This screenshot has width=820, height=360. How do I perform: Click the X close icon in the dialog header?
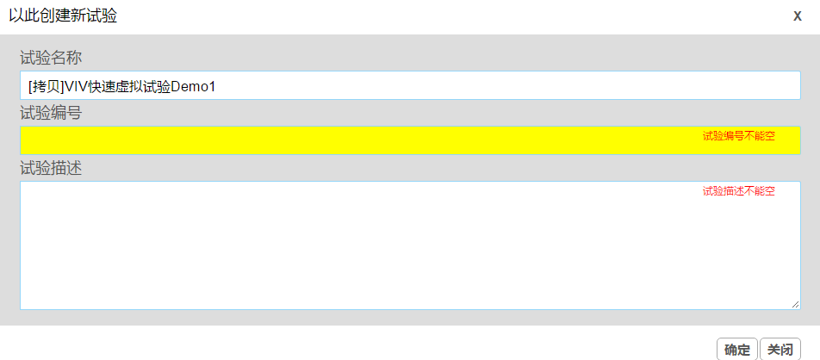(797, 16)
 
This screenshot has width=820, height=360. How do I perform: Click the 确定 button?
(736, 350)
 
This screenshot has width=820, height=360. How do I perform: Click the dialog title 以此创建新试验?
(63, 16)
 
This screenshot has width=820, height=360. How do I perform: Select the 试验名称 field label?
(51, 58)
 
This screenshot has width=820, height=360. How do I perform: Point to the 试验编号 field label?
(51, 113)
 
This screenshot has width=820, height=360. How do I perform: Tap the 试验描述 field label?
(51, 169)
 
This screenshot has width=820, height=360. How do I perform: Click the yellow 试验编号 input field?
(410, 140)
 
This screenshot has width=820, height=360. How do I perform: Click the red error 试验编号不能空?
(738, 136)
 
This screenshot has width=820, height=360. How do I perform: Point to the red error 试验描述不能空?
(738, 191)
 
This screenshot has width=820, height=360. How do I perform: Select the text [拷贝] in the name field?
(46, 86)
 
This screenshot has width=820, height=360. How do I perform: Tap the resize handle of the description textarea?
(795, 304)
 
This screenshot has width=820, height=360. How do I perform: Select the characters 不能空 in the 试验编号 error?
(760, 136)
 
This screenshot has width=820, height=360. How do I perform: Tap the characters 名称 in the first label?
(66, 58)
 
